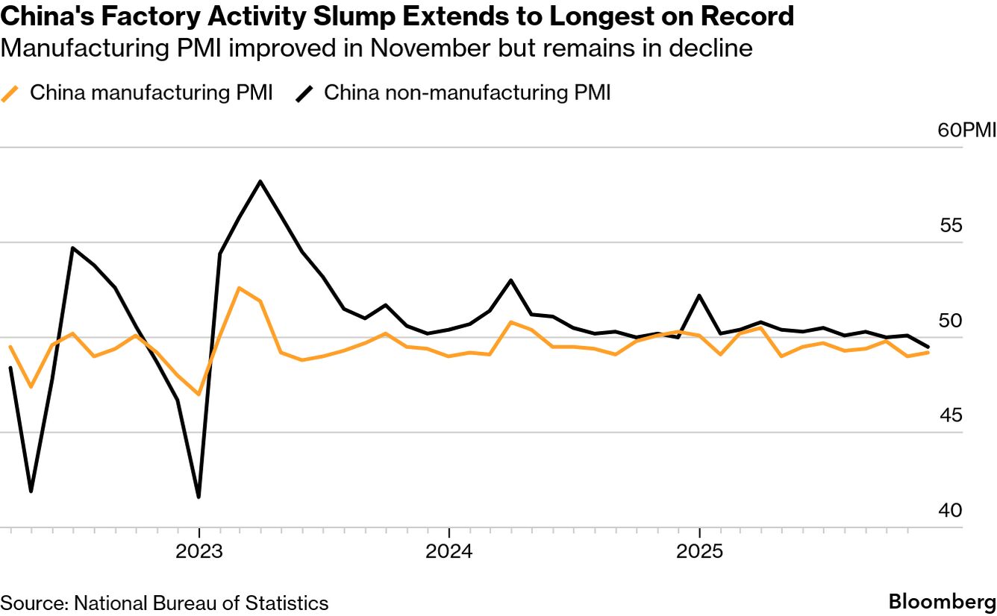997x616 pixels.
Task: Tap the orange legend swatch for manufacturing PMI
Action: tap(10, 94)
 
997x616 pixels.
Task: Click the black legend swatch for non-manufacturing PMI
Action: tap(304, 94)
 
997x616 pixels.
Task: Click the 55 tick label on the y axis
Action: tap(950, 226)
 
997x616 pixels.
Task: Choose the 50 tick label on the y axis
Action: tap(950, 321)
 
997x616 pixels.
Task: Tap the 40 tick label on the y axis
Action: tap(950, 511)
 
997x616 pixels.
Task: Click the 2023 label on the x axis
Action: tap(199, 553)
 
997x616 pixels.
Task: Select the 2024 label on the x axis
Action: tap(449, 553)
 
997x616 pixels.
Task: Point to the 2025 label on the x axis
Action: tap(699, 553)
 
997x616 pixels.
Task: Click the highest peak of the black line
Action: tap(260, 181)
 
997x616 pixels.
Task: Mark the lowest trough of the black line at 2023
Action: tap(199, 497)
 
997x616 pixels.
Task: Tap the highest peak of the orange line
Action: tap(239, 288)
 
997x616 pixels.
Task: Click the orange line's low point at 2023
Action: tap(199, 394)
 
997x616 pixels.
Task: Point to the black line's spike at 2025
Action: tap(699, 295)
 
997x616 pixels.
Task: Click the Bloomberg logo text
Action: tap(942, 602)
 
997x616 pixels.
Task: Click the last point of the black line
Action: tap(928, 347)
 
